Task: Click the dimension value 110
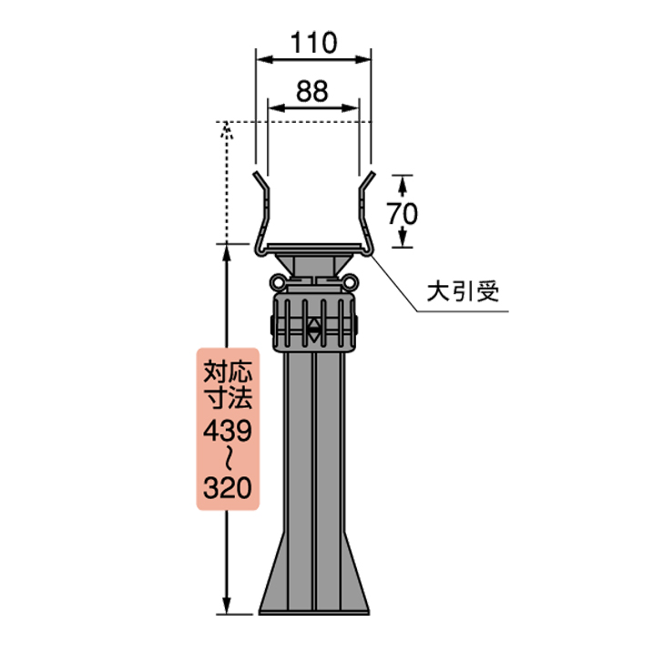tap(313, 41)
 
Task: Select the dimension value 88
tap(313, 89)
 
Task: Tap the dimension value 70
tap(402, 213)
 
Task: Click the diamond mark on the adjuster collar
tap(314, 329)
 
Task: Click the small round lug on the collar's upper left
tap(280, 282)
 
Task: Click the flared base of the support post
tap(314, 583)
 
